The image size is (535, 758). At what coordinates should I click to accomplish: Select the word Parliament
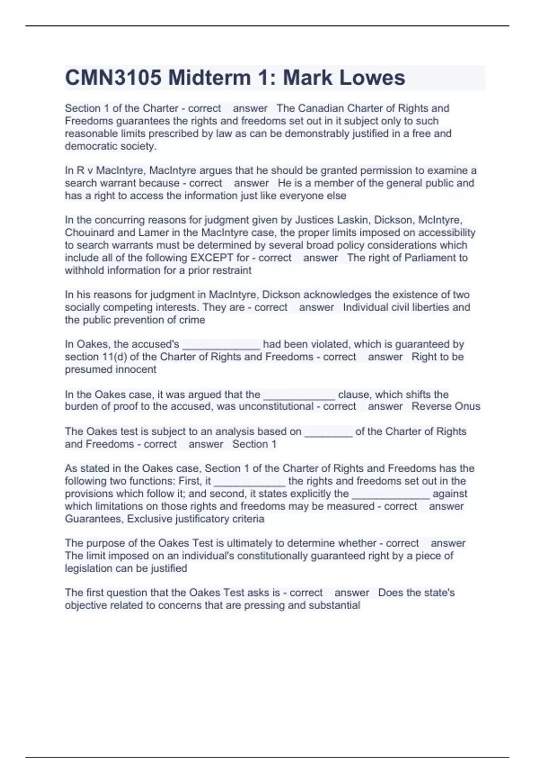tap(431, 258)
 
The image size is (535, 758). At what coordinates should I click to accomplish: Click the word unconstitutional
tap(276, 407)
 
